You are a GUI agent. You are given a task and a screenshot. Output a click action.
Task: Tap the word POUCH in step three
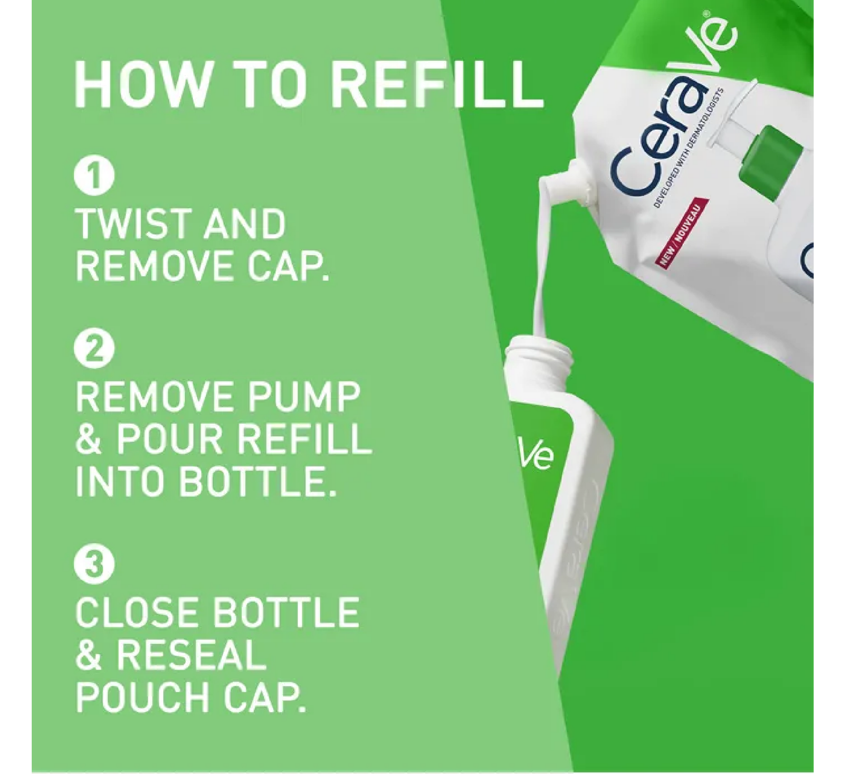[x=142, y=698]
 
